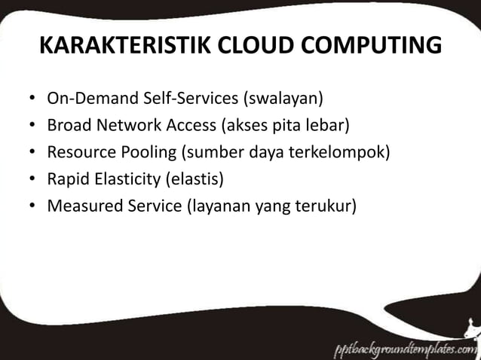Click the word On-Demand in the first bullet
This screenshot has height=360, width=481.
coord(84,99)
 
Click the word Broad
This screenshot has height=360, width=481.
coord(69,125)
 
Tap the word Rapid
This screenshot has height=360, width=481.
coord(69,179)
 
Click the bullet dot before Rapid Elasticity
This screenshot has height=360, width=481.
coord(32,180)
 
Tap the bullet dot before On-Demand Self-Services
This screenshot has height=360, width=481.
coord(32,99)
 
